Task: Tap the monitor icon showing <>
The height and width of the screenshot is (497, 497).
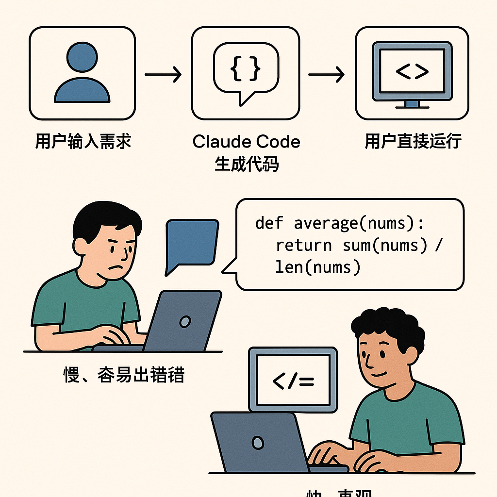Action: pyautogui.click(x=412, y=73)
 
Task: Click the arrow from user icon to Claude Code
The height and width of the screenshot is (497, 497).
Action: pyautogui.click(x=163, y=75)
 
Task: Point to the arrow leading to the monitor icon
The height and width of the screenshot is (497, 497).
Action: pyautogui.click(x=326, y=75)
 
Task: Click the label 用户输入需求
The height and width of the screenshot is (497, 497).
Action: pyautogui.click(x=83, y=141)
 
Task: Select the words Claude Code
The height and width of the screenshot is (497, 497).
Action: pyautogui.click(x=246, y=142)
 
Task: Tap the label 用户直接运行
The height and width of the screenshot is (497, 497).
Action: pyautogui.click(x=413, y=141)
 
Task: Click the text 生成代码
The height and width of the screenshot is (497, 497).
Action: pyautogui.click(x=246, y=164)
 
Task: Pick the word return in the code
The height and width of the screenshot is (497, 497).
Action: pyautogui.click(x=303, y=245)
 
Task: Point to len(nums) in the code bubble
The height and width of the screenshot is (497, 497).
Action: pyautogui.click(x=318, y=267)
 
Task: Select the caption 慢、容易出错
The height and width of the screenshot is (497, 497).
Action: pyautogui.click(x=124, y=375)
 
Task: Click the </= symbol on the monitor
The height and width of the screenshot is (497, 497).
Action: pyautogui.click(x=293, y=381)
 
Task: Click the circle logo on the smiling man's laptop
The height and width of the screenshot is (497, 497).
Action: pyautogui.click(x=258, y=442)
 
